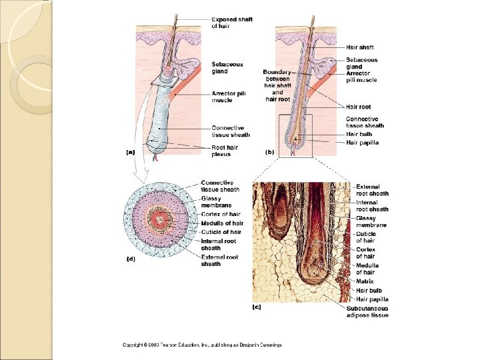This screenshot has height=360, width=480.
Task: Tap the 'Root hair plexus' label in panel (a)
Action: tap(225, 151)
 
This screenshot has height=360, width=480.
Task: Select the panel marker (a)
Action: tap(131, 153)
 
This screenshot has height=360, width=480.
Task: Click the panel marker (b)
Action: tap(270, 153)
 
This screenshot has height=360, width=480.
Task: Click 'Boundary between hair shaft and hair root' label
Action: tap(279, 85)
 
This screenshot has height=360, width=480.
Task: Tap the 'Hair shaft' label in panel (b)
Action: tap(359, 47)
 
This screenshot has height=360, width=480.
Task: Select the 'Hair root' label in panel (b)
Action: tap(358, 107)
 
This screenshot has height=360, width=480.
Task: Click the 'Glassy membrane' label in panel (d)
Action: tap(217, 202)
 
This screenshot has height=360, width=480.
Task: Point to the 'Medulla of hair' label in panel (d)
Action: tap(222, 223)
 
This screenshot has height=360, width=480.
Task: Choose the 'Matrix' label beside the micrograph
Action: tap(365, 281)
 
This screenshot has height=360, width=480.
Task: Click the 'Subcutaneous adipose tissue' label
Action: tap(367, 312)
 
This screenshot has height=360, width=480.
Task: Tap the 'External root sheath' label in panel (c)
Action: tap(372, 190)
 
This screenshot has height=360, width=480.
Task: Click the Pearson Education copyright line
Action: tap(202, 345)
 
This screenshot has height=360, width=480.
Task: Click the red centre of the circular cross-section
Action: tap(161, 220)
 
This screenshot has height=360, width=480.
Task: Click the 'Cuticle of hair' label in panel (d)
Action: tap(221, 231)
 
